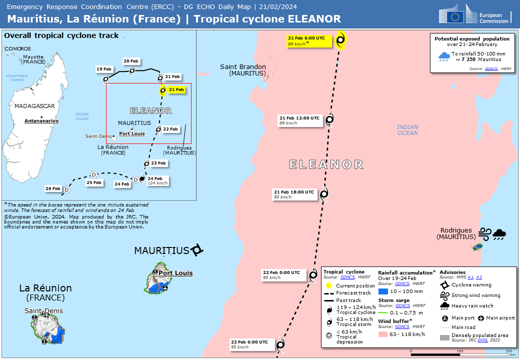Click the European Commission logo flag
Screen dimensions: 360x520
[x=455, y=16]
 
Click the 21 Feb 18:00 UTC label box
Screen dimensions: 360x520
[x=295, y=194]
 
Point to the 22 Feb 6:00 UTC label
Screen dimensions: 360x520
[x=249, y=344]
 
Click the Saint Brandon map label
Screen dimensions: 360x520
[x=243, y=70]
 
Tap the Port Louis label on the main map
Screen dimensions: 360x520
[x=175, y=273]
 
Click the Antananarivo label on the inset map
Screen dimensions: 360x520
[x=42, y=121]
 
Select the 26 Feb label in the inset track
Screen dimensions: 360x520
[x=53, y=189]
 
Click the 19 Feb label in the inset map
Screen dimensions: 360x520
[x=104, y=69]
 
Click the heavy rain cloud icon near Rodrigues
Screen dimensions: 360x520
[x=499, y=233]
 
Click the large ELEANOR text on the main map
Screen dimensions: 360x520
[x=326, y=164]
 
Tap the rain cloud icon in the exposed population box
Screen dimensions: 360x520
[x=443, y=57]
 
